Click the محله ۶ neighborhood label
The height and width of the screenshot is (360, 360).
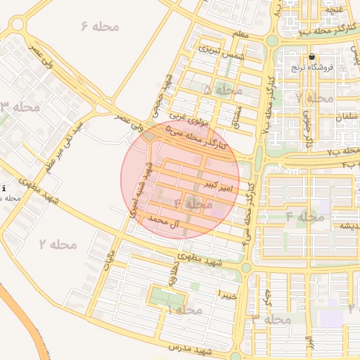(101, 27)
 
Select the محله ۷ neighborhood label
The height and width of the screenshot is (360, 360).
(314, 98)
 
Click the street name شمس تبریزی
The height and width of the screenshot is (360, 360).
(219, 49)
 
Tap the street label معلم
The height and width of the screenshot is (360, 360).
(240, 34)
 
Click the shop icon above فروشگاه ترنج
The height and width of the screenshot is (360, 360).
(312, 57)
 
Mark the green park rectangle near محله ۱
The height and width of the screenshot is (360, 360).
(167, 300)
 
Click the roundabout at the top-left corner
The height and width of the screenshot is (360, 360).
(15, 26)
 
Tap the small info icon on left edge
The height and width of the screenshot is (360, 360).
(4, 188)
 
